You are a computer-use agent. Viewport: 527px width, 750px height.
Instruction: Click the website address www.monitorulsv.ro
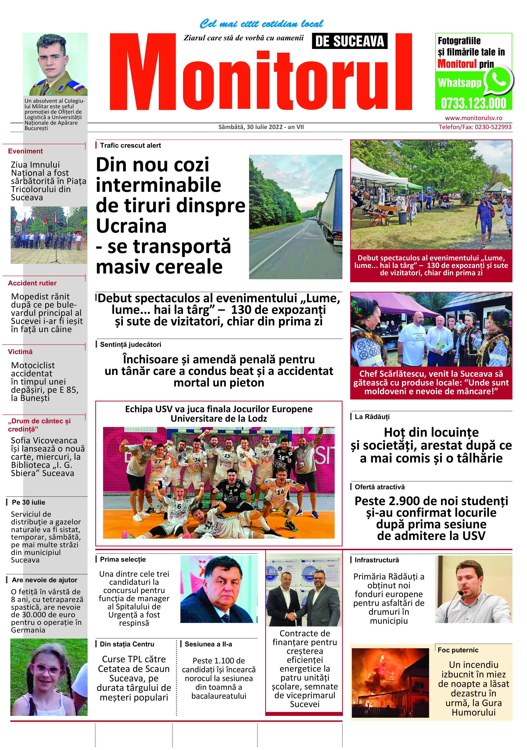[473, 118]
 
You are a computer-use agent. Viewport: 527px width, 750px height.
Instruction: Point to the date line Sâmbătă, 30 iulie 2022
[261, 127]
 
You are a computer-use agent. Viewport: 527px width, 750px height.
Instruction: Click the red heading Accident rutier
[32, 283]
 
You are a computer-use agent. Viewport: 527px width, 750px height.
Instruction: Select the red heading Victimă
[20, 352]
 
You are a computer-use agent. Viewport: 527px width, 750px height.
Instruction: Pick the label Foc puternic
[458, 650]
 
